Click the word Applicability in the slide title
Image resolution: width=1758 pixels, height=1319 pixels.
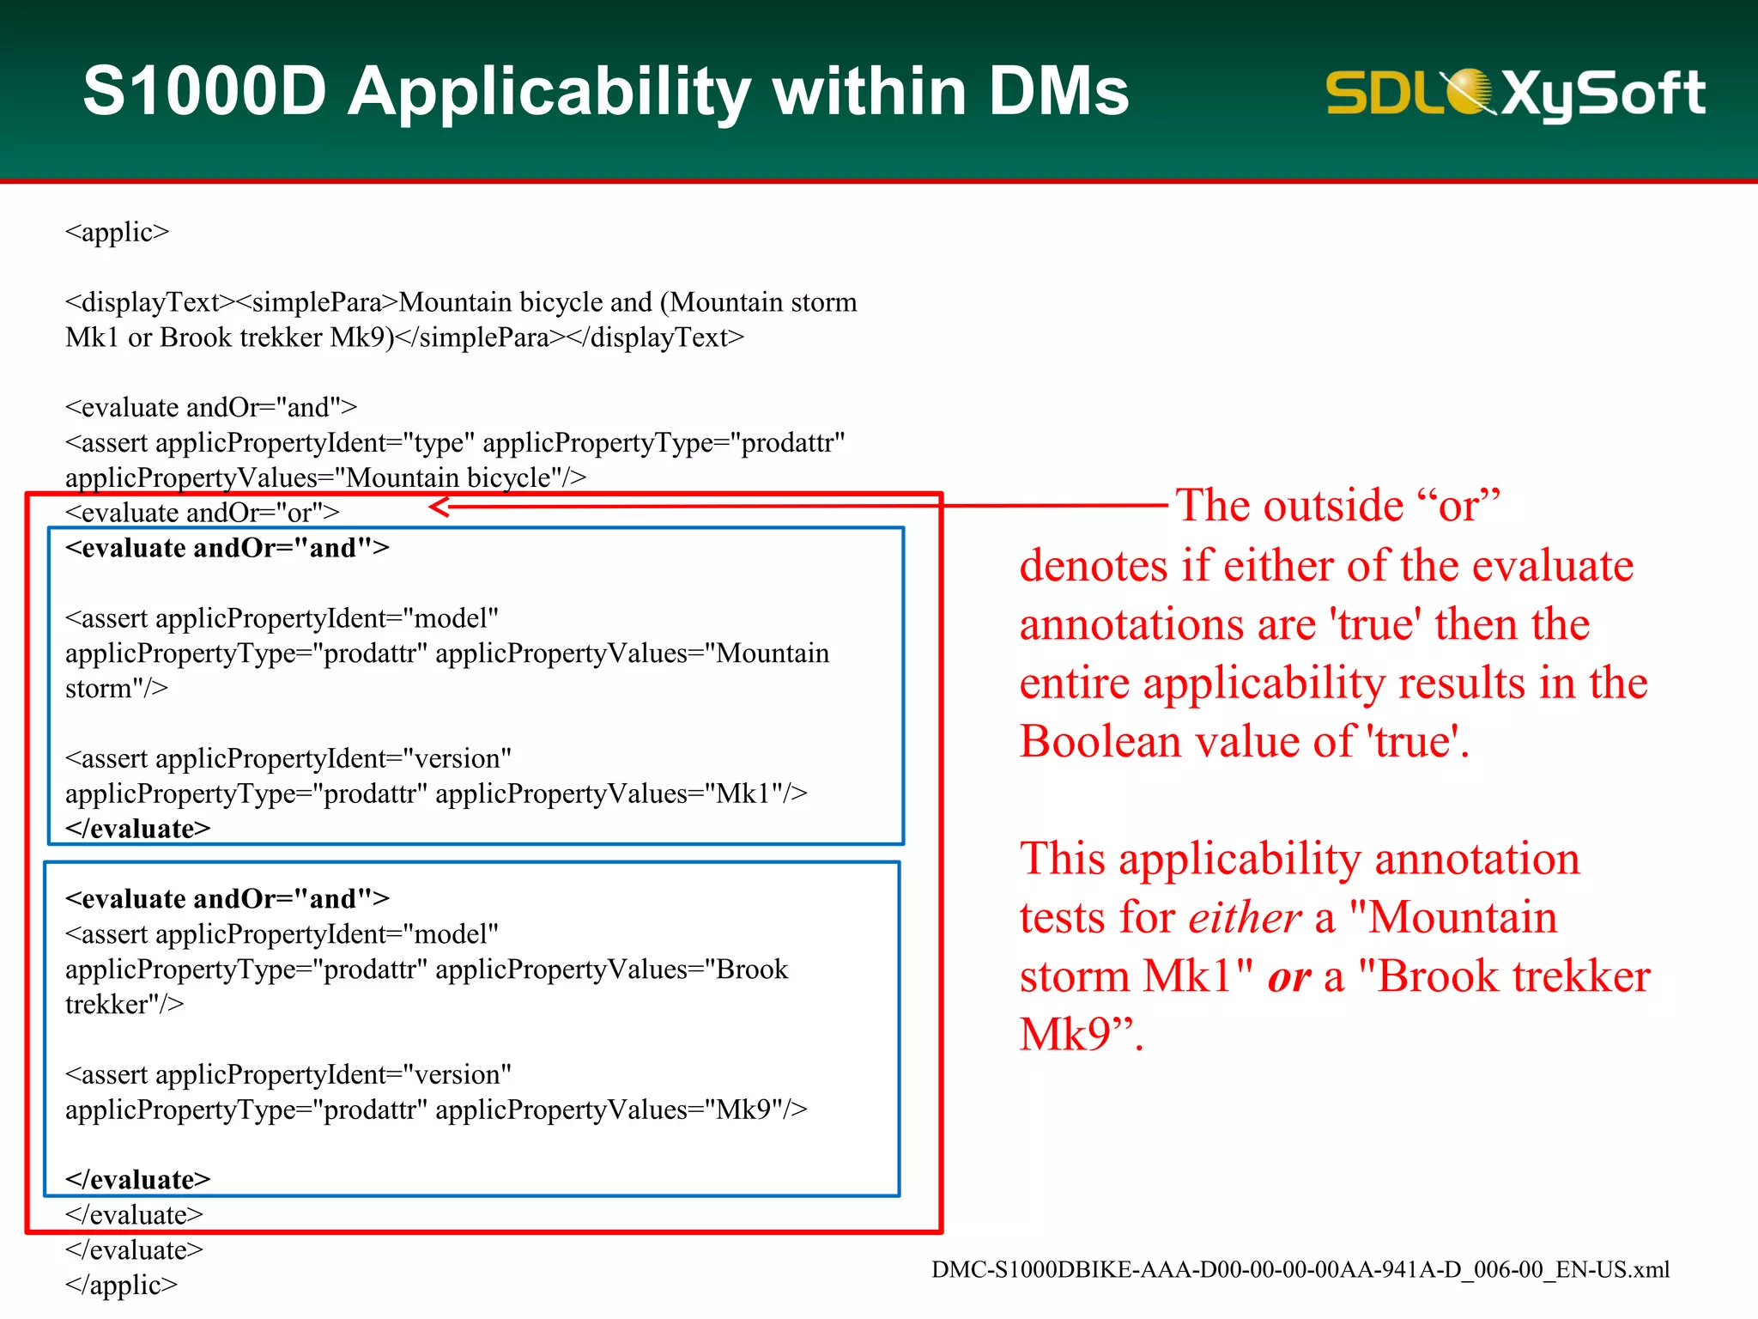point(549,93)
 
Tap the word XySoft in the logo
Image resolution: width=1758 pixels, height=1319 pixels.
point(1603,93)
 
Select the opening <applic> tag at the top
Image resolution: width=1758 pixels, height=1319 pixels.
point(118,232)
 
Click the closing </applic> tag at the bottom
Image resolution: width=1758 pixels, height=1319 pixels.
point(121,1285)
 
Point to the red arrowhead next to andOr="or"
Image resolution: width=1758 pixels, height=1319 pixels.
point(439,507)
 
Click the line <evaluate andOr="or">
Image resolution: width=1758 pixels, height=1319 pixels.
point(203,513)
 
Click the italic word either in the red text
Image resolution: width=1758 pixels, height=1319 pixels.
point(1245,917)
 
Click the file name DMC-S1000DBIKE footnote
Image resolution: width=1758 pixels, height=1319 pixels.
point(1300,1269)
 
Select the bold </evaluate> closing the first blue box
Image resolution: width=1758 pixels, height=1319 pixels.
point(137,829)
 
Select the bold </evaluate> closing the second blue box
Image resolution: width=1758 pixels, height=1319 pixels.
point(137,1180)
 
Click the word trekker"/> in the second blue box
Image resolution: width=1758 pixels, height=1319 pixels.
point(124,1005)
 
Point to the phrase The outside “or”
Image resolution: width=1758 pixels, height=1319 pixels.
point(1337,505)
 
